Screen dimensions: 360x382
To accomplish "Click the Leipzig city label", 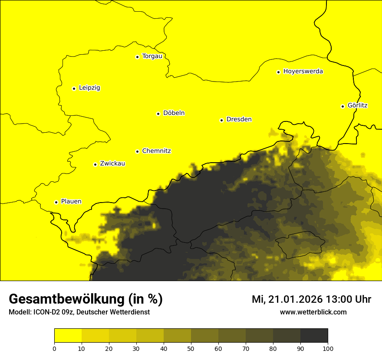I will point(89,88).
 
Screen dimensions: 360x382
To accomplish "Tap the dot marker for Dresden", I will point(221,120).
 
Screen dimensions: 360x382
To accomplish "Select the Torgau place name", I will point(152,56).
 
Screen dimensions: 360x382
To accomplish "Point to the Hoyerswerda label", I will point(303,72).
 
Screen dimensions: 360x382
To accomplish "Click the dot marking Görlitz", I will point(342,106).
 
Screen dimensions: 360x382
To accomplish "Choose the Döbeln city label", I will point(174,113).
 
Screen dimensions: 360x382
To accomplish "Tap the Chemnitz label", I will point(156,151).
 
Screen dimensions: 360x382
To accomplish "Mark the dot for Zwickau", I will point(95,164).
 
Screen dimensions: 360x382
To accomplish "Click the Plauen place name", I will point(71,202).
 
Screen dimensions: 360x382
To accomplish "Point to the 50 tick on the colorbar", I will point(191,348).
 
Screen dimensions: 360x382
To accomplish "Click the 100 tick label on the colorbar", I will point(328,348).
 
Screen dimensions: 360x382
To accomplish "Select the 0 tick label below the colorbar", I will point(54,348).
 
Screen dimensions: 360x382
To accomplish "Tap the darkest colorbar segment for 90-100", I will point(314,335).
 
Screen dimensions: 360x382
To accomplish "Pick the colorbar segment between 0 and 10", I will point(68,335).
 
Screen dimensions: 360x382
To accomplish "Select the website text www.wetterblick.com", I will point(313,312).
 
